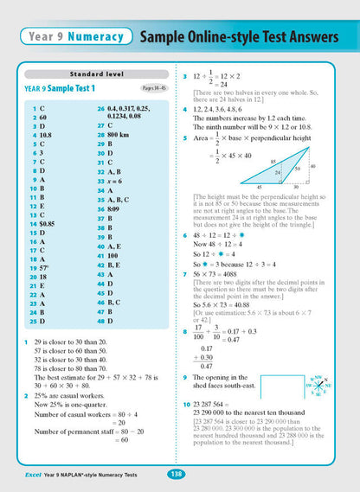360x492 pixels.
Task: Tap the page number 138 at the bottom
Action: (174, 475)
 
